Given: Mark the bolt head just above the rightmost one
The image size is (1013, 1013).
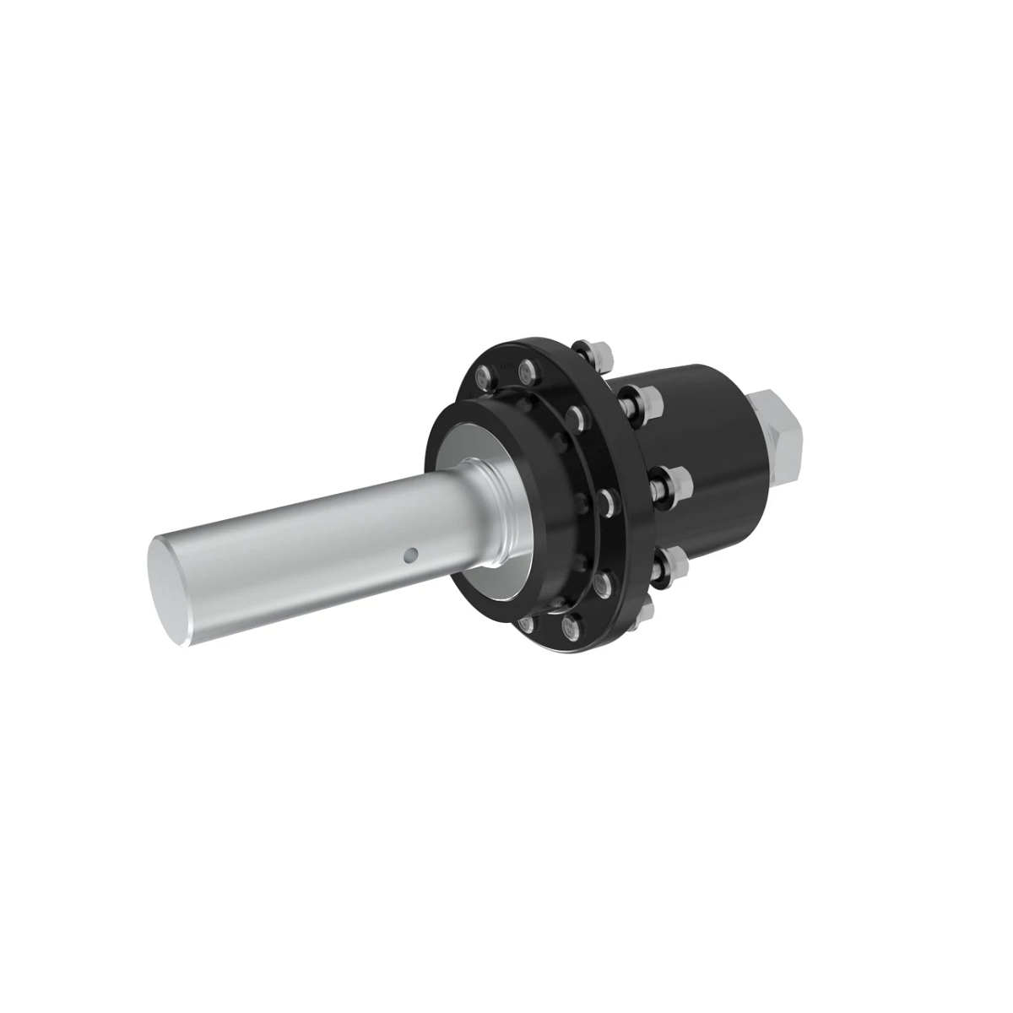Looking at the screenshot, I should [x=578, y=414].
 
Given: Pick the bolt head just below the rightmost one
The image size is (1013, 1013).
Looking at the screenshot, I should [x=602, y=583].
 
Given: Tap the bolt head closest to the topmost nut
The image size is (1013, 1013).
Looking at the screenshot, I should [x=528, y=369].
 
